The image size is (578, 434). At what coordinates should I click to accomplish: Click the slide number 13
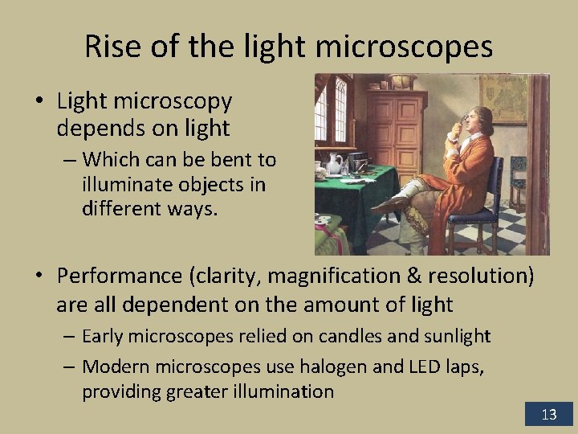point(549,415)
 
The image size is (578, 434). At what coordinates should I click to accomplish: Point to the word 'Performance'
point(119,276)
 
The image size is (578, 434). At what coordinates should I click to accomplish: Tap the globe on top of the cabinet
point(401,80)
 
